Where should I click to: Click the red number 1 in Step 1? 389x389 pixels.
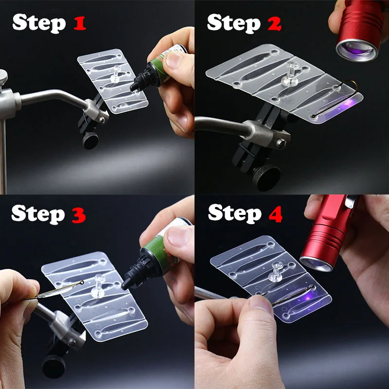click(80, 23)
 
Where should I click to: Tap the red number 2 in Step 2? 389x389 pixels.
click(274, 24)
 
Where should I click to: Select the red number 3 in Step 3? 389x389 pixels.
click(79, 215)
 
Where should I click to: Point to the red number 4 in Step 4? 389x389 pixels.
click(276, 214)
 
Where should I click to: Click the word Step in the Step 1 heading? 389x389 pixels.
click(39, 23)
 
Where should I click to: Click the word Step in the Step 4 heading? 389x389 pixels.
click(235, 214)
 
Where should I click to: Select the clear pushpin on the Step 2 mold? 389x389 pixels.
click(290, 74)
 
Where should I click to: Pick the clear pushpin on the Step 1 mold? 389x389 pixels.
click(116, 74)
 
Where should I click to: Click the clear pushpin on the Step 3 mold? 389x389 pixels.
click(98, 286)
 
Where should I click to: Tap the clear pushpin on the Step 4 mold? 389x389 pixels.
click(276, 272)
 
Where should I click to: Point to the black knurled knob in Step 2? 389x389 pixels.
click(266, 177)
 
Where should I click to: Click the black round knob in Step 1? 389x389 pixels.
click(90, 141)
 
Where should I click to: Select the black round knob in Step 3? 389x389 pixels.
click(53, 366)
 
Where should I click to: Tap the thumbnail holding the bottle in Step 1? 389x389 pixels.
click(174, 60)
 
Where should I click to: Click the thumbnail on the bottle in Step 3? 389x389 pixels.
click(178, 236)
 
